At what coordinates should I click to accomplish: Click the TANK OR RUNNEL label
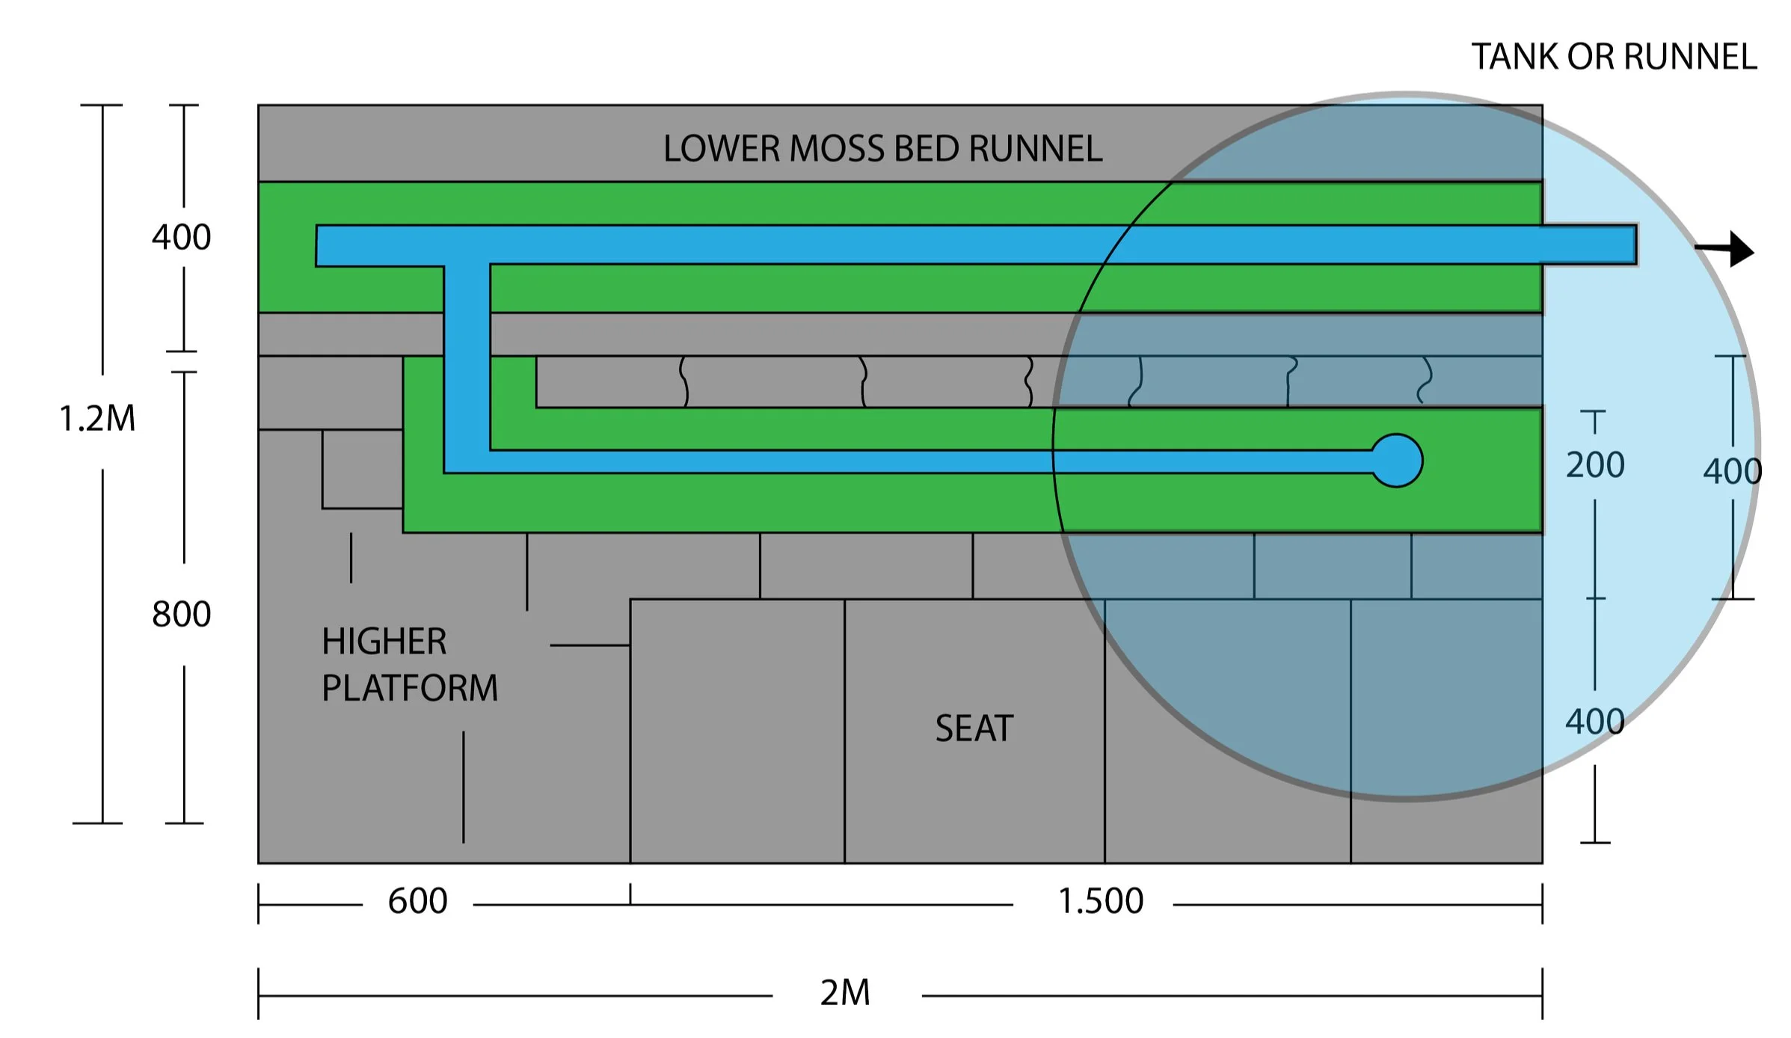click(x=1613, y=57)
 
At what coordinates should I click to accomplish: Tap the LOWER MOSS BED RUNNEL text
click(x=882, y=148)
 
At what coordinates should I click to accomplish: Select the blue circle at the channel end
click(x=1397, y=461)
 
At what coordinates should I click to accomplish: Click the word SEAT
click(x=974, y=728)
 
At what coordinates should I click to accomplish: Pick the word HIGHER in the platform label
click(x=384, y=642)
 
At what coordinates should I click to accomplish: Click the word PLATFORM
click(x=410, y=688)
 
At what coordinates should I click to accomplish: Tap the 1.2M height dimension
click(x=97, y=419)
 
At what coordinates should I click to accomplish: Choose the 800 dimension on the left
click(x=181, y=614)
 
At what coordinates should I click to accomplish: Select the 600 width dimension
click(x=417, y=900)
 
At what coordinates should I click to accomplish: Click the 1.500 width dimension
click(x=1100, y=900)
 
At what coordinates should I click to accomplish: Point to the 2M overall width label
click(x=845, y=993)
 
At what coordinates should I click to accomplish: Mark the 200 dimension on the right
click(x=1595, y=465)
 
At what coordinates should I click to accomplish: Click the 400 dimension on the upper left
click(x=181, y=237)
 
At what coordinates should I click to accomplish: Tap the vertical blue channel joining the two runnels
click(x=467, y=359)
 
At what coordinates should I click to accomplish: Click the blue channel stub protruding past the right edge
click(x=1589, y=245)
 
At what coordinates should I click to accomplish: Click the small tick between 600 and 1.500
click(x=630, y=894)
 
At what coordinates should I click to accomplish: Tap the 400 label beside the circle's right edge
click(x=1732, y=472)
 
